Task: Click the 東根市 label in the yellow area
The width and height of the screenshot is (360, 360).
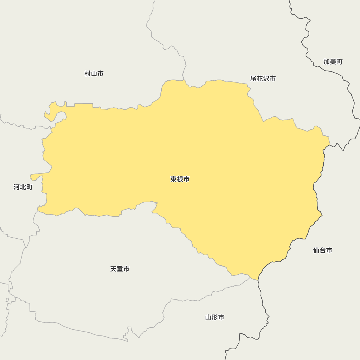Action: (180, 179)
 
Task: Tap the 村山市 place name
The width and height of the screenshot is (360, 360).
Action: (94, 74)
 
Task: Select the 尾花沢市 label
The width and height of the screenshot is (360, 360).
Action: (263, 78)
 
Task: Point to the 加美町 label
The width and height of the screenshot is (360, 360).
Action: (333, 62)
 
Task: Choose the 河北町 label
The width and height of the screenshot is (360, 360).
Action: (23, 187)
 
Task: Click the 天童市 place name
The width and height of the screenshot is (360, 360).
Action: (120, 269)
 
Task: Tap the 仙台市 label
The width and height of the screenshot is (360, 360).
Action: (323, 250)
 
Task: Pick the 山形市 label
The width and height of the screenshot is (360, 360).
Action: (215, 317)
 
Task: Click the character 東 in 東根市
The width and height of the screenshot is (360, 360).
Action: (174, 179)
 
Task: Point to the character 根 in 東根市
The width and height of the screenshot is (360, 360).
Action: (180, 179)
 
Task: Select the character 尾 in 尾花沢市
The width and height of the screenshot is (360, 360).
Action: (254, 78)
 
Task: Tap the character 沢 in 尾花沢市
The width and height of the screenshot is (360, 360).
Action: (266, 78)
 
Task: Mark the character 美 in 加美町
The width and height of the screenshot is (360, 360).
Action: (333, 62)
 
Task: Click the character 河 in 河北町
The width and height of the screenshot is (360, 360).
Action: (17, 187)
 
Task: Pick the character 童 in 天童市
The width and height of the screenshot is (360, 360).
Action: (120, 269)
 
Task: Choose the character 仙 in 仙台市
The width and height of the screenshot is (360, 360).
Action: (316, 250)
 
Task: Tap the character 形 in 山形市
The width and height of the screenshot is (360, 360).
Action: (215, 317)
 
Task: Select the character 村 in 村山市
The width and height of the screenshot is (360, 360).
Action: (88, 74)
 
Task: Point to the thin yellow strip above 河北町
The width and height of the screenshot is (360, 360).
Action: (40, 176)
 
